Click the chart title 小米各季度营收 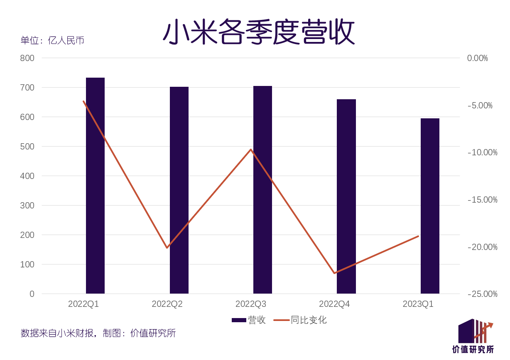click(x=258, y=32)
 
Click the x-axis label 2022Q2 click(x=167, y=304)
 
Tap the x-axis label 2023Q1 click(x=418, y=304)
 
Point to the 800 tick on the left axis click(x=27, y=58)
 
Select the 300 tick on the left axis click(x=27, y=206)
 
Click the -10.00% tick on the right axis click(x=482, y=152)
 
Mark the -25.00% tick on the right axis click(x=482, y=294)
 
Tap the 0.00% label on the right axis click(x=477, y=58)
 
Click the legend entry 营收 click(x=249, y=320)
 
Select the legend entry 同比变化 click(x=300, y=320)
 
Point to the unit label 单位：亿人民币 click(x=52, y=40)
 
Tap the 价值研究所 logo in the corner click(x=473, y=336)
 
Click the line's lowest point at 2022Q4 click(x=334, y=273)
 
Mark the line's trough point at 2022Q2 click(x=167, y=248)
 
